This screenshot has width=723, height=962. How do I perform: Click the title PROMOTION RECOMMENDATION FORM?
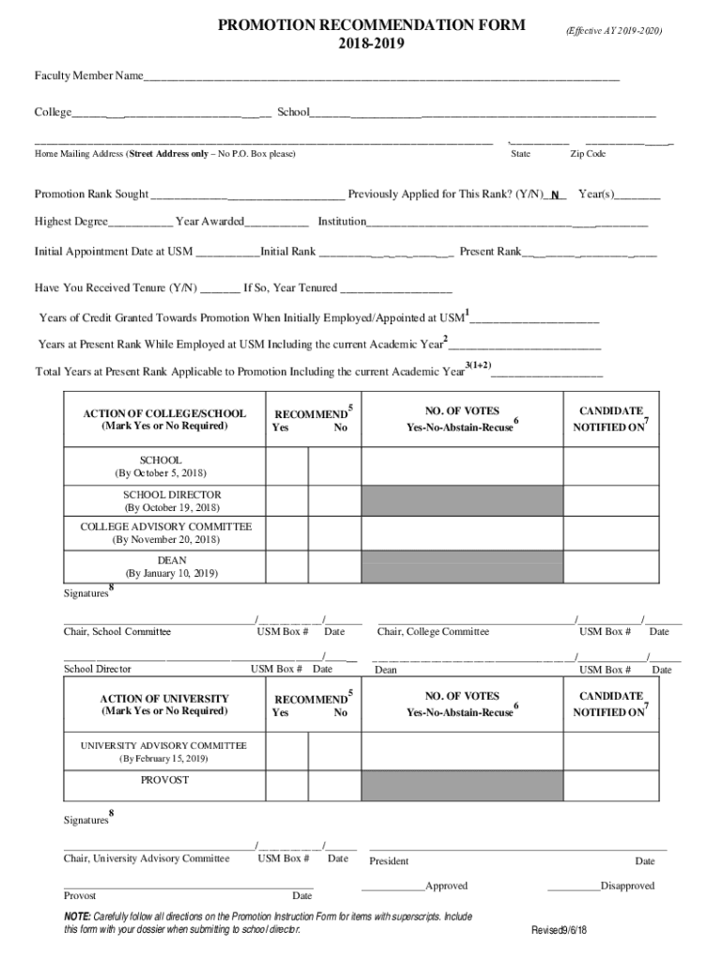371,25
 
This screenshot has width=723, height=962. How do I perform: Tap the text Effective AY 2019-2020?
614,31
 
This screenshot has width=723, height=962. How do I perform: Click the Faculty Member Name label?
88,75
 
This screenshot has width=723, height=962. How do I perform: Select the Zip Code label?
588,154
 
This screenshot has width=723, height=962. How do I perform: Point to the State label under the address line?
520,154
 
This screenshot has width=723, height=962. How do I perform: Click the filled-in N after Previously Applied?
555,195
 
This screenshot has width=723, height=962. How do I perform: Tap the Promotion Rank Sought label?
91,194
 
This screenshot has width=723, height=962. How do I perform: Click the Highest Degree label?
71,222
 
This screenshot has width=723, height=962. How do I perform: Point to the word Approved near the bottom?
446,886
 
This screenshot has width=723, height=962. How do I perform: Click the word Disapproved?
627,886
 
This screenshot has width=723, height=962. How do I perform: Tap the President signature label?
389,861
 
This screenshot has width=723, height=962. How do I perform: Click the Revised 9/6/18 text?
559,930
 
